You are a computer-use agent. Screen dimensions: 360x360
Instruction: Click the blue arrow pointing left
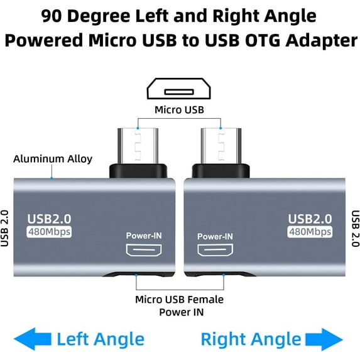pos(31,339)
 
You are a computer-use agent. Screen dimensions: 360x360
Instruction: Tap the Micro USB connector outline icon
pos(180,89)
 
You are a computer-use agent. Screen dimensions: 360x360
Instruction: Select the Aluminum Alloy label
pos(53,158)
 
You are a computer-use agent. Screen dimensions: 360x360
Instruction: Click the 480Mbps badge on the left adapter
pos(49,232)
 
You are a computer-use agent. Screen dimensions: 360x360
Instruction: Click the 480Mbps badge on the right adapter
pos(310,232)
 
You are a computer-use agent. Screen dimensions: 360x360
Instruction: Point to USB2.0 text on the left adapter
pos(49,219)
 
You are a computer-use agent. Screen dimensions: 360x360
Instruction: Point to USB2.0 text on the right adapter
pos(310,219)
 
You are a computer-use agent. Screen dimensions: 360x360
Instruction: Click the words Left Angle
pos(101,340)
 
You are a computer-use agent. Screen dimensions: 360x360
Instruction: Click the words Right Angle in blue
pos(251,340)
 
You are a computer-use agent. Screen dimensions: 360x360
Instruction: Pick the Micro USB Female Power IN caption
pos(179,306)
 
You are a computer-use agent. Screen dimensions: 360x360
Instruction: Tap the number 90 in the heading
pos(53,16)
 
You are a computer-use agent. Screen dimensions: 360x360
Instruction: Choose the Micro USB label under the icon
pos(180,111)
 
